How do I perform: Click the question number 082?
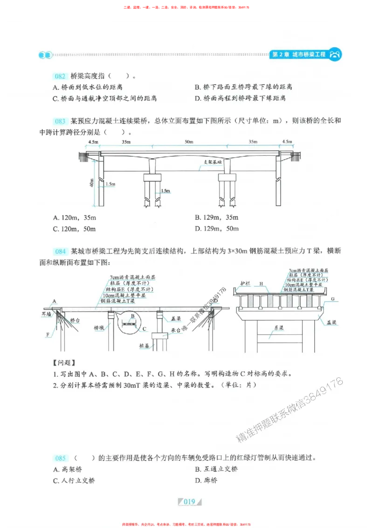pyautogui.click(x=60, y=76)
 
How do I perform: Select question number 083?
pyautogui.click(x=60, y=121)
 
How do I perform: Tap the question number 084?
pyautogui.click(x=60, y=251)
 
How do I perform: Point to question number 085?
pyautogui.click(x=60, y=458)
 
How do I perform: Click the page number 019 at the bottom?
pyautogui.click(x=188, y=502)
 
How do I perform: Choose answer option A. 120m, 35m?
pyautogui.click(x=75, y=217)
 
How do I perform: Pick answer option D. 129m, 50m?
pyautogui.click(x=216, y=229)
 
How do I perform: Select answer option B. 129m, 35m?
pyautogui.click(x=216, y=217)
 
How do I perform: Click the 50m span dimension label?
pyautogui.click(x=188, y=142)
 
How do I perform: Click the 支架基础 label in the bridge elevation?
pyautogui.click(x=212, y=162)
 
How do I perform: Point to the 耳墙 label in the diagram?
pyautogui.click(x=45, y=314)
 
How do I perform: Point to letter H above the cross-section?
pyautogui.click(x=261, y=284)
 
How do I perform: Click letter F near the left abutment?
pyautogui.click(x=48, y=334)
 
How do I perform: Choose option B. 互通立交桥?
pyautogui.click(x=216, y=469)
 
